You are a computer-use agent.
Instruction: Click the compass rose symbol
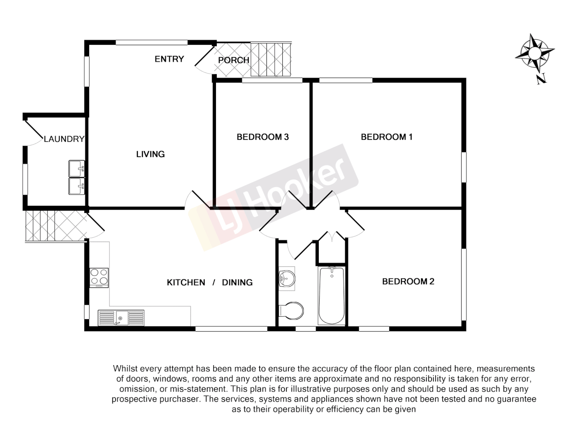click(x=534, y=52)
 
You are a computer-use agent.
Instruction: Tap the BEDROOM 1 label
click(x=386, y=137)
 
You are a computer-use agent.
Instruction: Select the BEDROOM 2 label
click(x=408, y=282)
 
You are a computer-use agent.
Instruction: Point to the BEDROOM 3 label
click(x=262, y=137)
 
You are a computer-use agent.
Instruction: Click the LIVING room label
click(x=150, y=154)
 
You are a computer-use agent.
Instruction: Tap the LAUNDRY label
click(x=64, y=139)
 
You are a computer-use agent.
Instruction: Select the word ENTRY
click(x=169, y=59)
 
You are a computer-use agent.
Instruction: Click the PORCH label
click(x=234, y=60)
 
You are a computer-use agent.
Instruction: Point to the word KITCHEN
click(x=186, y=283)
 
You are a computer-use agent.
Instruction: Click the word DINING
click(x=237, y=283)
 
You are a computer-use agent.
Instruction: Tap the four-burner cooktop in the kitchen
click(x=99, y=277)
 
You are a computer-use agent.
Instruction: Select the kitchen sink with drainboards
click(x=121, y=318)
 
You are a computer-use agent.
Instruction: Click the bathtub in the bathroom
click(x=332, y=296)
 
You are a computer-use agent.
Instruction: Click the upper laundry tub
click(x=76, y=168)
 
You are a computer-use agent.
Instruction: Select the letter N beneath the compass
click(x=541, y=79)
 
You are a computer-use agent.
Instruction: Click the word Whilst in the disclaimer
click(x=125, y=369)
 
